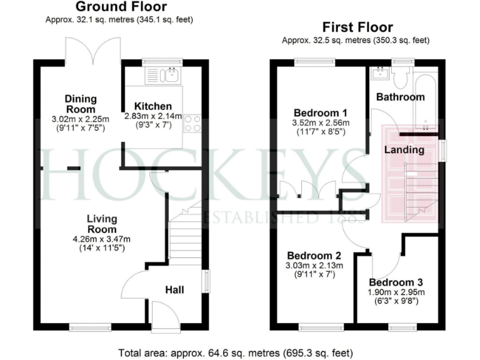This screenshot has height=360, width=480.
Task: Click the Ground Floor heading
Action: (121, 7)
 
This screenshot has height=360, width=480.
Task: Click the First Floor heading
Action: (357, 27)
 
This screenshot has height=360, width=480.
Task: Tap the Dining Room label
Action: (81, 104)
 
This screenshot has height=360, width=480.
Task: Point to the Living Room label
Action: (102, 224)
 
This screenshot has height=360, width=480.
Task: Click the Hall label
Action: (174, 289)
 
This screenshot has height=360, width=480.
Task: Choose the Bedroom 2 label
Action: (314, 256)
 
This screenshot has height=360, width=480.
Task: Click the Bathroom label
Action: (401, 97)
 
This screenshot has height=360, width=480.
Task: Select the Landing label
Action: (404, 149)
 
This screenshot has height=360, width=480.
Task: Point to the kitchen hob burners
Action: (192, 124)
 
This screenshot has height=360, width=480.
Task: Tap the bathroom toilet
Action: (402, 77)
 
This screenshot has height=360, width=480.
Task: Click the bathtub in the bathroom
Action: (428, 97)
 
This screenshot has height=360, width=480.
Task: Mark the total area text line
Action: (239, 352)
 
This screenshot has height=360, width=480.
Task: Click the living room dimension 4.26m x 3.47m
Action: (102, 239)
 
